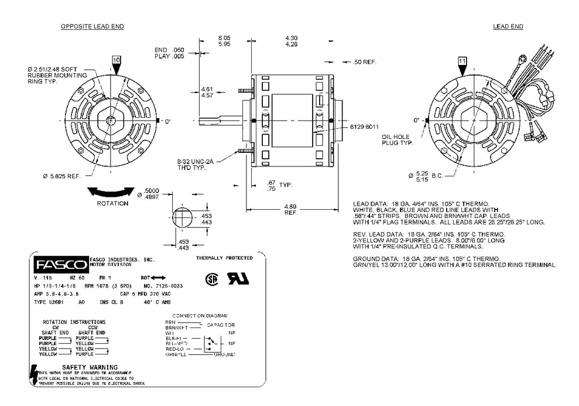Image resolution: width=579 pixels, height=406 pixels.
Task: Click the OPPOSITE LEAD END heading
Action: click(92, 27)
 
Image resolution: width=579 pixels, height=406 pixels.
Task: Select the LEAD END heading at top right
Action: click(508, 27)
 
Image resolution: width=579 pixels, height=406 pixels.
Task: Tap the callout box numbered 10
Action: click(116, 60)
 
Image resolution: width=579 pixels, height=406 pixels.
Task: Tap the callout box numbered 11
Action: click(462, 61)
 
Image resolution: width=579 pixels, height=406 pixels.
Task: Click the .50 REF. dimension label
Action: click(365, 62)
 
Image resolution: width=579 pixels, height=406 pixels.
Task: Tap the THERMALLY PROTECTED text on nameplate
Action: click(224, 258)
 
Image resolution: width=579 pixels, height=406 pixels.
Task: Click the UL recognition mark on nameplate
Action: click(239, 279)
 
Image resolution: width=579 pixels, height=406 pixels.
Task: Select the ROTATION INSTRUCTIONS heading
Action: click(74, 322)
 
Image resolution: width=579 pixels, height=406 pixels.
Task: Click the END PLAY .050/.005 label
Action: click(169, 53)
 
